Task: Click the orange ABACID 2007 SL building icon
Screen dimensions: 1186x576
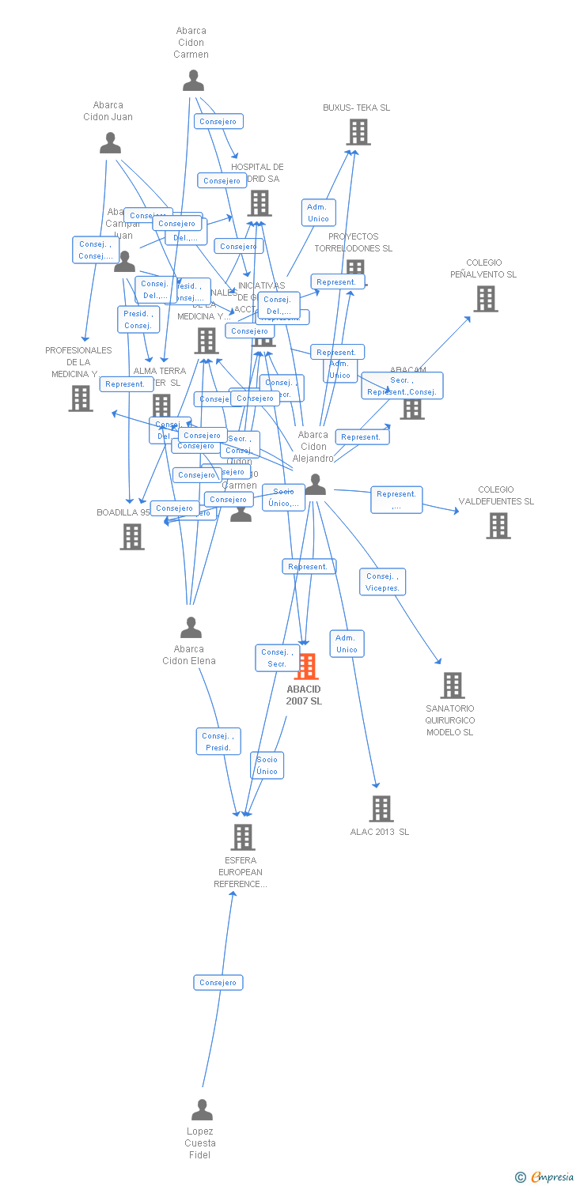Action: click(306, 667)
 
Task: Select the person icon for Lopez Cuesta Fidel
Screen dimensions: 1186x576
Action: click(203, 1109)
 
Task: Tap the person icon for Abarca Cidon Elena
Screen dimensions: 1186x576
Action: click(191, 627)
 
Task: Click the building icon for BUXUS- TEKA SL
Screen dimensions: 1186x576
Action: click(358, 132)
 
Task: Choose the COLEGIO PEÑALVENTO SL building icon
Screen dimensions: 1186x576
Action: click(485, 299)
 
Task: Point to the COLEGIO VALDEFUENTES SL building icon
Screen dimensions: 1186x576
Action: click(498, 526)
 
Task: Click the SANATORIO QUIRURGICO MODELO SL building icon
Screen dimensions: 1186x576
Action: click(452, 686)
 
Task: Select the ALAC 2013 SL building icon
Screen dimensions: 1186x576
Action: click(381, 809)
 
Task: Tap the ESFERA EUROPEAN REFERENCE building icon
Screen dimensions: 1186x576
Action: click(242, 837)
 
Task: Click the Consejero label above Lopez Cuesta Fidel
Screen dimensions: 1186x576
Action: click(218, 982)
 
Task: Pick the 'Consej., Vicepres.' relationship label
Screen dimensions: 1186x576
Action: click(383, 582)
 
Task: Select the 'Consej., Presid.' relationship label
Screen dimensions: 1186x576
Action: click(218, 742)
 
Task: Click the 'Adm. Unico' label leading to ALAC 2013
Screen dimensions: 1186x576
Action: click(347, 644)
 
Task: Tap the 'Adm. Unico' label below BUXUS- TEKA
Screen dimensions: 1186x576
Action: click(318, 213)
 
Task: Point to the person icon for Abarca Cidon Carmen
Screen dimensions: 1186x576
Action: click(193, 81)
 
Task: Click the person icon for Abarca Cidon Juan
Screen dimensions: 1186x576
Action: click(111, 143)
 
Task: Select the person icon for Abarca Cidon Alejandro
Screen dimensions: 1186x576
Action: click(315, 485)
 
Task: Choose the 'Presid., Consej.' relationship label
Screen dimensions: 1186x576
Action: click(138, 319)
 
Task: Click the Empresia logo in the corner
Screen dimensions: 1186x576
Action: click(545, 1177)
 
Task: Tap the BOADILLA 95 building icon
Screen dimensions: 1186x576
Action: click(131, 537)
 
